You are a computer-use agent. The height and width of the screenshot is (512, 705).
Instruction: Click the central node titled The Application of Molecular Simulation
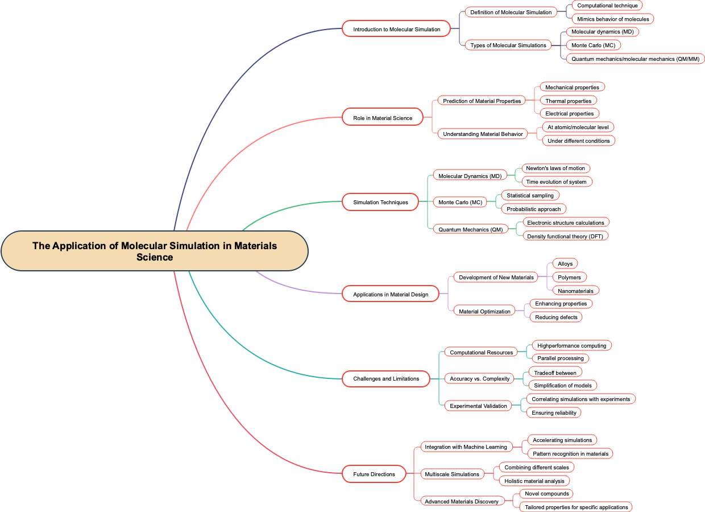coord(155,251)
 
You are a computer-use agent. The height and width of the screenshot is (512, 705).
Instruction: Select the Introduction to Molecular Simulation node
coord(396,29)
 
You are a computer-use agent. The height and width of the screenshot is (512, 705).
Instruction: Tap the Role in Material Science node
coord(383,118)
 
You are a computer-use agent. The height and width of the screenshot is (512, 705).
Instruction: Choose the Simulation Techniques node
coord(380,202)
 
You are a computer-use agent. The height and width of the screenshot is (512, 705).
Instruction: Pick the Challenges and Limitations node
coord(386,378)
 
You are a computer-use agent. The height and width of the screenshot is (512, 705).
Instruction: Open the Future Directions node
coord(374,474)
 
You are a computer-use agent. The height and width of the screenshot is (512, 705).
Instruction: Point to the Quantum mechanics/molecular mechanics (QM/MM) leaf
coord(635,59)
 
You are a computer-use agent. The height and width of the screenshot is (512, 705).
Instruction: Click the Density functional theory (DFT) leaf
coord(565,236)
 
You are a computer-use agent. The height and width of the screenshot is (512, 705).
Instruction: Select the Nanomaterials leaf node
coord(575,291)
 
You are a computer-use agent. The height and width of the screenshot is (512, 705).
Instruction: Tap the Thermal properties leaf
coord(569,101)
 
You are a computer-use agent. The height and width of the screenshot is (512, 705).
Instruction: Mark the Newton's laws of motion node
coord(555,168)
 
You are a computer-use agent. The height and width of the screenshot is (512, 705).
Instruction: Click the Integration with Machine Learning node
coord(466,447)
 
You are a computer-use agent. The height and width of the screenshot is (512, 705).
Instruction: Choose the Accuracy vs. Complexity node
coord(480,378)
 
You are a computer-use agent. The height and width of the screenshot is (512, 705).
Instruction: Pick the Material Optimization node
coord(484,311)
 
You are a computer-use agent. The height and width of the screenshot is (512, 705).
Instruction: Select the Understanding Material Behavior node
coord(483,134)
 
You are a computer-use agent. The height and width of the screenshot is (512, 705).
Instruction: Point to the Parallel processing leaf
coord(561,358)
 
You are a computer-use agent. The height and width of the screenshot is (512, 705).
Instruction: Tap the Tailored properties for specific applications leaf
coord(576,507)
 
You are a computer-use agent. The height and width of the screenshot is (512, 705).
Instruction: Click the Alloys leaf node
coord(565,263)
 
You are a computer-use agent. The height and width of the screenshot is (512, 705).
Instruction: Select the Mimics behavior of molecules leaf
coord(613,19)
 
